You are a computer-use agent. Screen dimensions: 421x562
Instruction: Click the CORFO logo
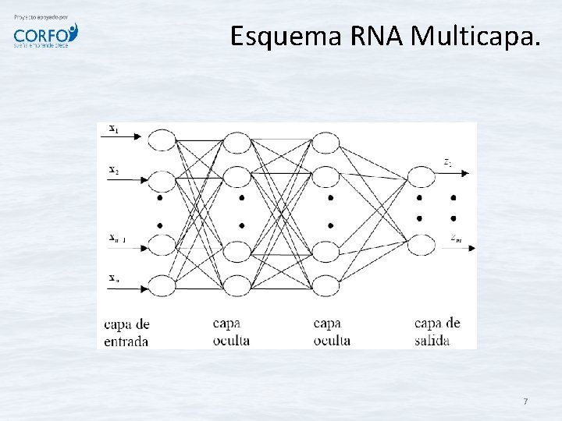[45, 35]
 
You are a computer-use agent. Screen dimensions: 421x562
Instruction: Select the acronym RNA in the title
[374, 36]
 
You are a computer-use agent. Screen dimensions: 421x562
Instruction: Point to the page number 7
[525, 402]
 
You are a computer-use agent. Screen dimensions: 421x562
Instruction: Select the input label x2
[113, 170]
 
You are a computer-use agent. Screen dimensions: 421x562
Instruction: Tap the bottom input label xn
[114, 277]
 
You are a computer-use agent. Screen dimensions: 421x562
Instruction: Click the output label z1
[447, 163]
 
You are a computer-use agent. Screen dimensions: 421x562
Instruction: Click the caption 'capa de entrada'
[126, 332]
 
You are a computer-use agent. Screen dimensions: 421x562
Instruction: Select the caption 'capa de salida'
[437, 331]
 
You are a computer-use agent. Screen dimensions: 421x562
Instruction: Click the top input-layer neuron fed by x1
[162, 140]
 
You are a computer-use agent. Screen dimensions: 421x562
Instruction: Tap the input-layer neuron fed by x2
[162, 181]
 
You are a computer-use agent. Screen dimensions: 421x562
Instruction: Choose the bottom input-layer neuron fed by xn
[162, 286]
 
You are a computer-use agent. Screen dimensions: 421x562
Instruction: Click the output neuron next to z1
[422, 177]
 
